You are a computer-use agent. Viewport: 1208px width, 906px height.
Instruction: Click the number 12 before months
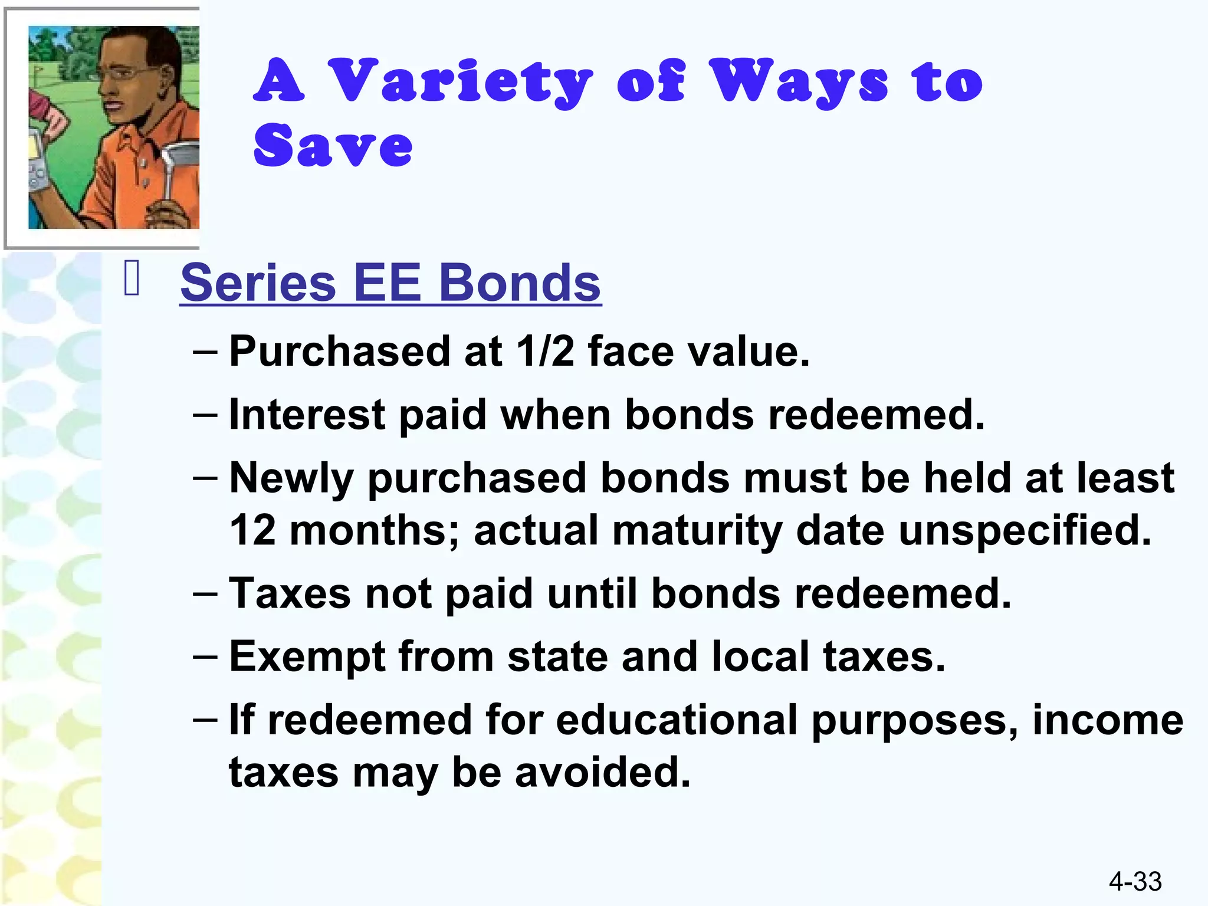(252, 530)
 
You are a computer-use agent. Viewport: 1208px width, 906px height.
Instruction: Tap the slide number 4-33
(1135, 881)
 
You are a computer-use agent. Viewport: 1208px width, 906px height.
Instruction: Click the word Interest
(307, 414)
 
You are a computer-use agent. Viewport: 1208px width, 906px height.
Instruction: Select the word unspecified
(1025, 530)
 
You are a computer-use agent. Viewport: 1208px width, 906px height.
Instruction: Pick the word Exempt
(307, 656)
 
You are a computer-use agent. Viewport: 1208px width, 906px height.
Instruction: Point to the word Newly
(291, 478)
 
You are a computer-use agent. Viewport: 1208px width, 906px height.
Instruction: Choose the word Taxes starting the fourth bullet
(290, 593)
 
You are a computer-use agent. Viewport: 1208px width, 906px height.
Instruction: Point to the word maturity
(697, 530)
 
